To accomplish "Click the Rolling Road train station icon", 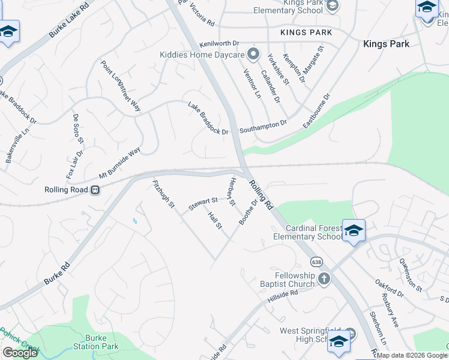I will [x=95, y=190].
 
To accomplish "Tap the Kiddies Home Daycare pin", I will [x=253, y=55].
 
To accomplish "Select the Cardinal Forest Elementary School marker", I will [x=354, y=230].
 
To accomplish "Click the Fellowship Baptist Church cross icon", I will [x=324, y=278].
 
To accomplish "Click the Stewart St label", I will [x=202, y=204].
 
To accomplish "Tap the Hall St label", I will [x=214, y=220].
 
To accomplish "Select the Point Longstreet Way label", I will [x=120, y=86].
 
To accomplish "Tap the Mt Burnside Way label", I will [x=119, y=163].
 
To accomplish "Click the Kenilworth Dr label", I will [x=219, y=44].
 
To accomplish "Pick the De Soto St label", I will [x=77, y=129].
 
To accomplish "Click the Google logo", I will [x=19, y=353].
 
